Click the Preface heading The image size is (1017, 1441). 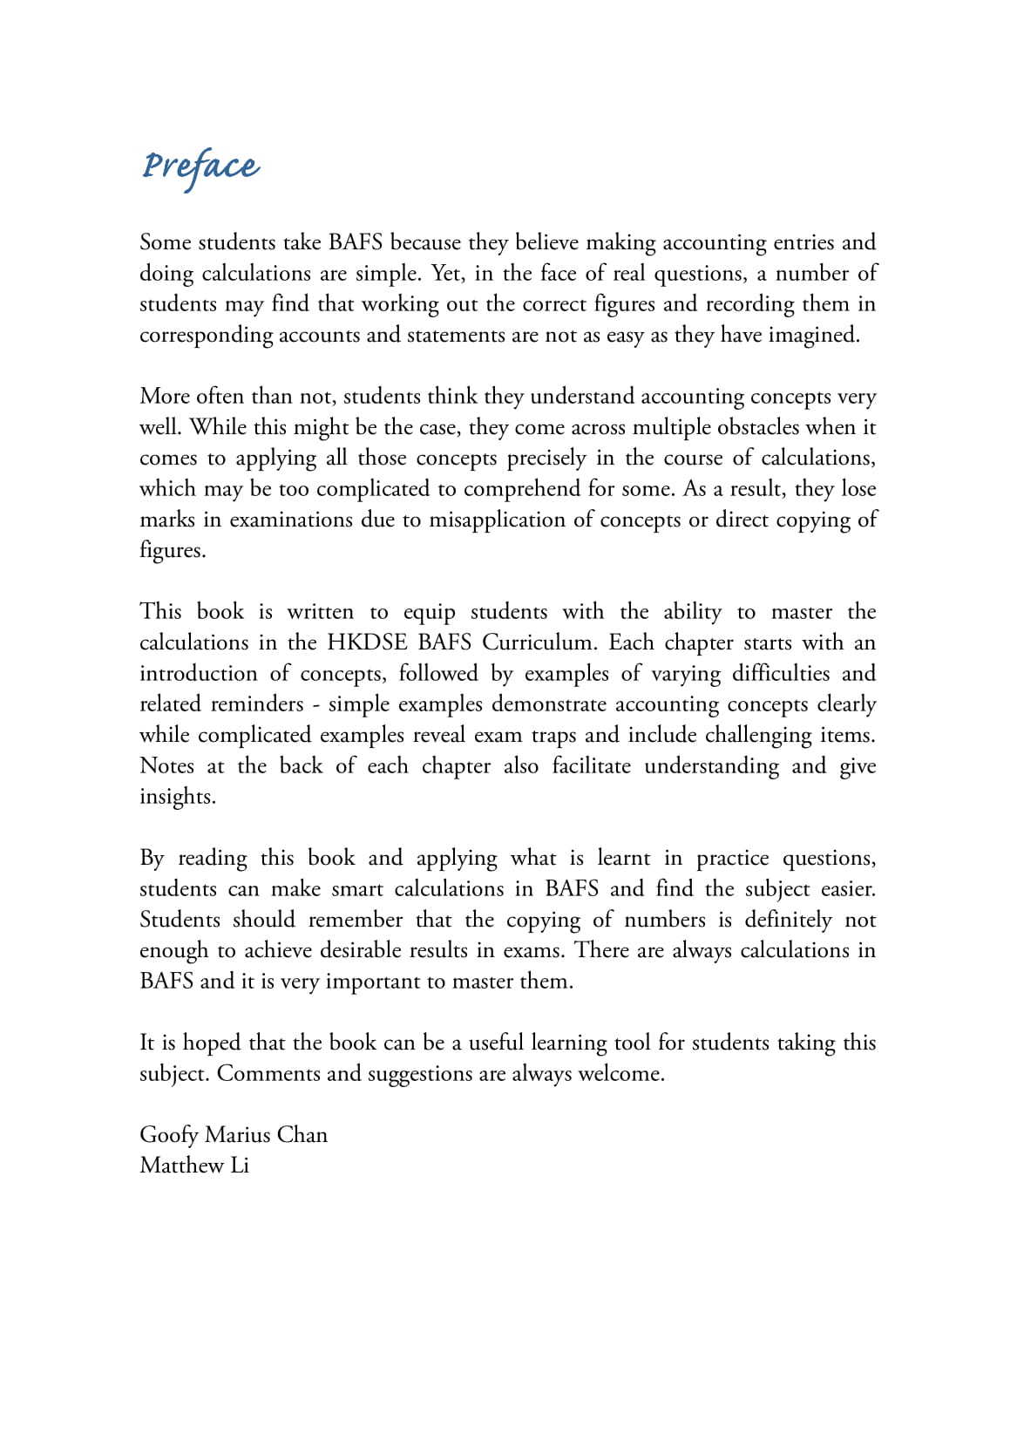200,166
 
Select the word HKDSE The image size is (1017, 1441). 366,642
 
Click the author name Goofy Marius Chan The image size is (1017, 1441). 234,1134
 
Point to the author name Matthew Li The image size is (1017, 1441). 194,1165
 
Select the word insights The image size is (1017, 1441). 177,797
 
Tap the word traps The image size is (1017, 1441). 553,735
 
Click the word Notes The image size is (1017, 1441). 166,765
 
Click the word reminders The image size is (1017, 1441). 257,704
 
